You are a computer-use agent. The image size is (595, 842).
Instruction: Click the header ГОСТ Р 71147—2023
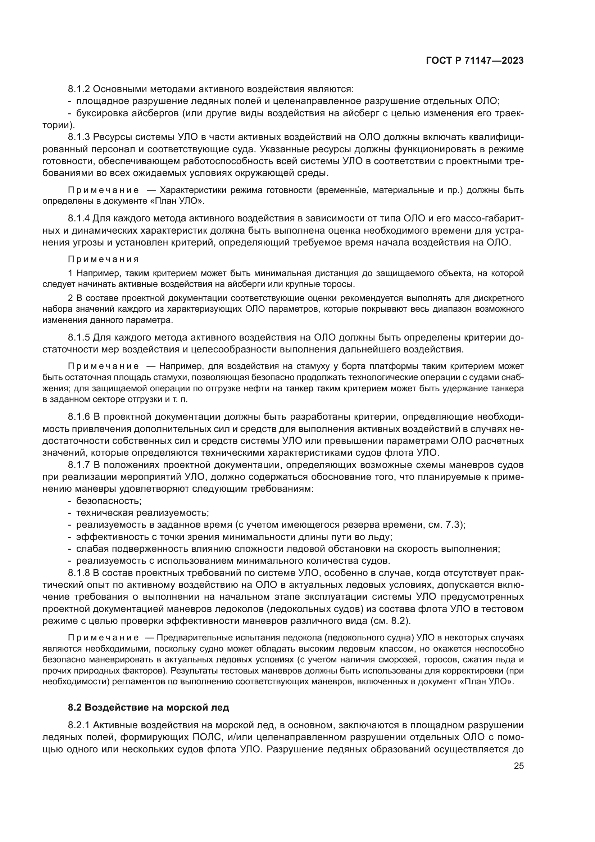(x=474, y=60)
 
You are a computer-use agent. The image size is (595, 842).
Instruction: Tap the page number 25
(x=518, y=766)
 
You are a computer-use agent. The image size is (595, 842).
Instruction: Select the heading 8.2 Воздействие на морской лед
(x=148, y=707)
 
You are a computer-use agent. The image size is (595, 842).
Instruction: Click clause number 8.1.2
(x=79, y=89)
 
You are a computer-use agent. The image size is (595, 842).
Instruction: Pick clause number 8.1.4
(x=79, y=219)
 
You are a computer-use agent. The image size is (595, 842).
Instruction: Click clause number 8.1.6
(x=79, y=417)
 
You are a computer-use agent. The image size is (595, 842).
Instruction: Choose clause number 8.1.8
(x=79, y=573)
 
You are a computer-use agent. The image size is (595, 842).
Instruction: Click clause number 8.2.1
(x=79, y=725)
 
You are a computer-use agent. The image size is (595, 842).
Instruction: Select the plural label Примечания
(x=103, y=259)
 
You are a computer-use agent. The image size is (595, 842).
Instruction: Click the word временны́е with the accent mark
(x=341, y=190)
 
